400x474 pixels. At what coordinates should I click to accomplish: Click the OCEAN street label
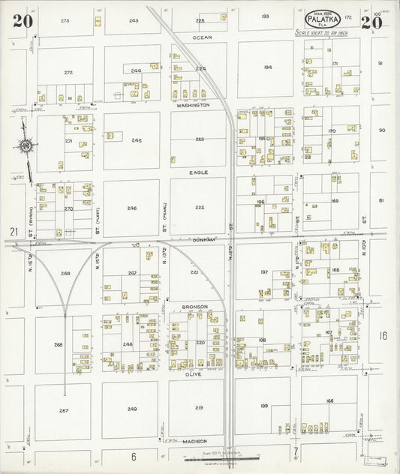point(202,37)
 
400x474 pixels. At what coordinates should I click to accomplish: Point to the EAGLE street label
point(200,172)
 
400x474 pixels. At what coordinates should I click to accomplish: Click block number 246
point(132,208)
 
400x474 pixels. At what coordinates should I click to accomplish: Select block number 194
point(267,67)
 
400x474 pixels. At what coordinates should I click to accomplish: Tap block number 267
point(64,410)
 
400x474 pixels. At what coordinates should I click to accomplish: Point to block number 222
point(200,207)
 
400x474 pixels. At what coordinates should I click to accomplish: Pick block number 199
point(264,406)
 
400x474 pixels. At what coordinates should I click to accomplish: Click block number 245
point(136,140)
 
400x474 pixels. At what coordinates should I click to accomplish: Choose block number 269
point(65,274)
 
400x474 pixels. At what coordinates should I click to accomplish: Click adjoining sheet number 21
point(13,232)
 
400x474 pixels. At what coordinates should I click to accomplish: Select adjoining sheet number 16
point(383,335)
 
